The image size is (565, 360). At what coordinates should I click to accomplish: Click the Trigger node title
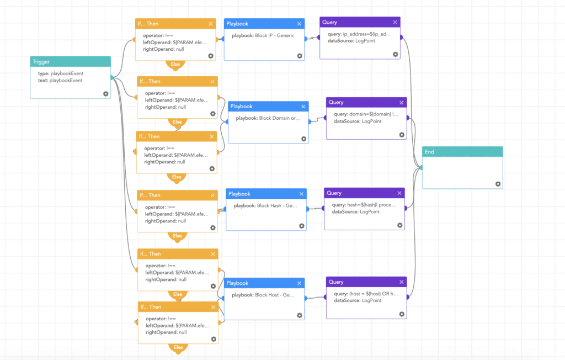pos(41,62)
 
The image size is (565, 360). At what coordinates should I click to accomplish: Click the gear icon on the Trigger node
pos(105,94)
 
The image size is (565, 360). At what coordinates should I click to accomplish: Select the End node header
pos(462,152)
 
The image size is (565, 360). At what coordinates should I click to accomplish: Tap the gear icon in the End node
pos(498,184)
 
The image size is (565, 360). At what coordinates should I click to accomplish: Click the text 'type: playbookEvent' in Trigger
pos(56,73)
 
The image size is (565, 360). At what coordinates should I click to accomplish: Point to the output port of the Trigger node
pos(111,78)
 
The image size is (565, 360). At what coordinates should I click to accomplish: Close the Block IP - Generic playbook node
pos(300,24)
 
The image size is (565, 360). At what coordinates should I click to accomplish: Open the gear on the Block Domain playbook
pos(303,139)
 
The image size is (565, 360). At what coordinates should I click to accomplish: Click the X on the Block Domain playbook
pos(303,106)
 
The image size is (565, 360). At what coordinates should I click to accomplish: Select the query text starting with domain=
pos(366,114)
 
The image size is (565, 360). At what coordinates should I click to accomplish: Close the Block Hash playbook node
pos(301,194)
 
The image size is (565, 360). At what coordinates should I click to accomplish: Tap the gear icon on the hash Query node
pos(400,225)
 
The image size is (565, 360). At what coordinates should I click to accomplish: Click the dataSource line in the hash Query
pos(355,212)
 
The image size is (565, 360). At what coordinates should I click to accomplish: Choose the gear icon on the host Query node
pos(402,314)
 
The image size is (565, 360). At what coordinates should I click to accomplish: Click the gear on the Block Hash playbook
pos(301,226)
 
